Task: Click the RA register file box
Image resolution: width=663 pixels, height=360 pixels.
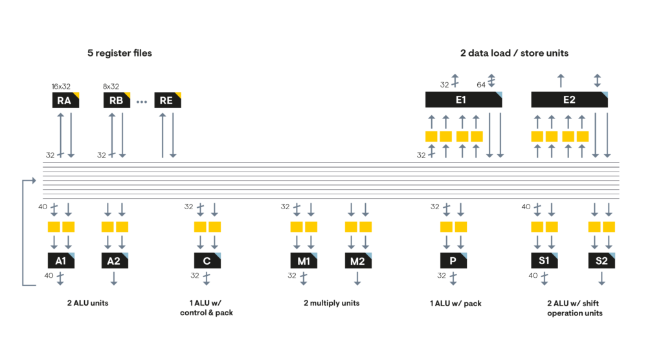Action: click(65, 100)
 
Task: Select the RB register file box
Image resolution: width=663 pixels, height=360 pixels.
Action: click(117, 100)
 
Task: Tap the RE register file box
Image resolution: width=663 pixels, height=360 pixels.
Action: click(168, 100)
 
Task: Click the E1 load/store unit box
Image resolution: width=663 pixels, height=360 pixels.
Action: click(464, 100)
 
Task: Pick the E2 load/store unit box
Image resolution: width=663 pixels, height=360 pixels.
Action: click(569, 100)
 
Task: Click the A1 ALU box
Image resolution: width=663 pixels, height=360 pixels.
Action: click(61, 260)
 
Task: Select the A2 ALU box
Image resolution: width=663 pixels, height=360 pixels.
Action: click(115, 260)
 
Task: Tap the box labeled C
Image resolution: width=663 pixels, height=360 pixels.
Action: click(207, 260)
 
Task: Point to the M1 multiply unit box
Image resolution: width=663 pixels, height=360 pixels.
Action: click(304, 260)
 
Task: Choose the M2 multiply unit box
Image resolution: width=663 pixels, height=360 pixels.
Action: click(358, 260)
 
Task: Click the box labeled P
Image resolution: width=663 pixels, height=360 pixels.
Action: click(453, 260)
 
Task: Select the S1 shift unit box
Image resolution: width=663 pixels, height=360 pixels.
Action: click(544, 260)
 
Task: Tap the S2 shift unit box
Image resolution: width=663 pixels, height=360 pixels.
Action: click(601, 260)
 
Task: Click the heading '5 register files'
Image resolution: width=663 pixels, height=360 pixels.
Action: click(120, 53)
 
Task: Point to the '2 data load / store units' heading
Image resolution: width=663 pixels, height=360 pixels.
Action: click(514, 53)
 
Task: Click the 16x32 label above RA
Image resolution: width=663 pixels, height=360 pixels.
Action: click(61, 86)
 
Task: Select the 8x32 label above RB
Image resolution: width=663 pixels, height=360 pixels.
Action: click(111, 86)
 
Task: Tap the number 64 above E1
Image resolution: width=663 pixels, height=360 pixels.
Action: click(481, 85)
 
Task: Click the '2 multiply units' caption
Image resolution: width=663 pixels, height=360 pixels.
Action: click(331, 303)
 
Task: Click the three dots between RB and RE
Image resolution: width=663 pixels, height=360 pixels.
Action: click(142, 102)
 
